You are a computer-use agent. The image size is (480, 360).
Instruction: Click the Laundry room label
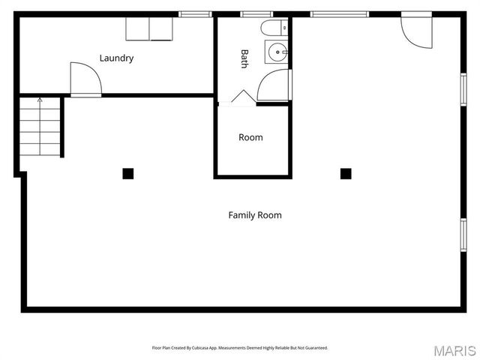point(116,58)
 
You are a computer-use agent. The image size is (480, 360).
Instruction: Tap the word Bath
point(244,58)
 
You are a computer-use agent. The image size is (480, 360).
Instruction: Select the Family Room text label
point(255,215)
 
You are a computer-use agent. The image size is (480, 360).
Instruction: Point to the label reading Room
point(250,137)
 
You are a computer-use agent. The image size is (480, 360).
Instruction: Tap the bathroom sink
point(277,52)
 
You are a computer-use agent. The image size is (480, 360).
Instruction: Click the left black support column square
point(128,173)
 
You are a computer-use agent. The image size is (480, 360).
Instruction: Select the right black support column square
point(346,173)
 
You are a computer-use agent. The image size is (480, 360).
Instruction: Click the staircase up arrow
point(40,100)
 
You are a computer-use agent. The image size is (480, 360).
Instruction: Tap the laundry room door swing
point(85,79)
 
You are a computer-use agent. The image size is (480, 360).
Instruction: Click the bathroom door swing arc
point(274,85)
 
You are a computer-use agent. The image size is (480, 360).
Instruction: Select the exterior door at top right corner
point(417,30)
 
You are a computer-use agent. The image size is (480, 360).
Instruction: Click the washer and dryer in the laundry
point(149,28)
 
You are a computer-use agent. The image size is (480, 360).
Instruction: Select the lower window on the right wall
point(463,233)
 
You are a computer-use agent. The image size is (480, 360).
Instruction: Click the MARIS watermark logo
point(454,350)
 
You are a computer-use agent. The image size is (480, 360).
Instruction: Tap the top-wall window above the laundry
point(194,13)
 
